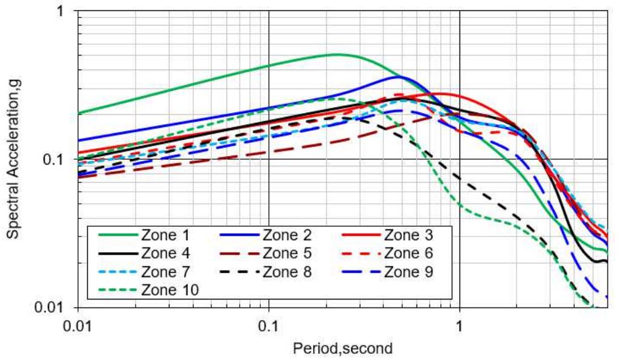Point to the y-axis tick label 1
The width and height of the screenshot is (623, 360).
point(63,11)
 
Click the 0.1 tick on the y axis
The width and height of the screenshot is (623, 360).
point(58,159)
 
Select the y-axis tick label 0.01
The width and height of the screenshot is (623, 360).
point(54,307)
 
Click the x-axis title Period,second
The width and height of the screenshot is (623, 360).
point(343,349)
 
